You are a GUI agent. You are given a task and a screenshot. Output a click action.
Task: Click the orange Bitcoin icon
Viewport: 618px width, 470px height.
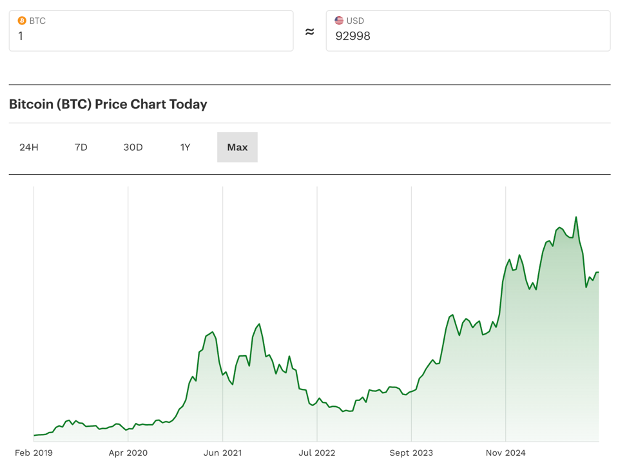(22, 21)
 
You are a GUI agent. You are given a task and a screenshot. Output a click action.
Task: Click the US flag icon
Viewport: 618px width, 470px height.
(339, 21)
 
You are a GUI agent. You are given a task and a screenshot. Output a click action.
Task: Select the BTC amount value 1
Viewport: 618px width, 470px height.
(21, 36)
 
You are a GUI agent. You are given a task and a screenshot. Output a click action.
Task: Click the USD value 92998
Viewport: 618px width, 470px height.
(353, 36)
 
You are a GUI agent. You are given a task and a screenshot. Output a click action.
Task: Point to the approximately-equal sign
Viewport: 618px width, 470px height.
(309, 32)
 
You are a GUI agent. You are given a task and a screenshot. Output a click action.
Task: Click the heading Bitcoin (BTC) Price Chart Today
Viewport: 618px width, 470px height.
(108, 104)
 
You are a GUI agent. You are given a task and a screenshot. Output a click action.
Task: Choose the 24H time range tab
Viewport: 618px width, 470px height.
(29, 147)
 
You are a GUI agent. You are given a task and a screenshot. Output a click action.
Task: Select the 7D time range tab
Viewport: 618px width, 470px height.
(81, 147)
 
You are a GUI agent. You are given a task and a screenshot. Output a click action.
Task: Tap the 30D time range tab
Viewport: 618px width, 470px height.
(133, 147)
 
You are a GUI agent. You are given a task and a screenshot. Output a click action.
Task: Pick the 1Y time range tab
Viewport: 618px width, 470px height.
(185, 147)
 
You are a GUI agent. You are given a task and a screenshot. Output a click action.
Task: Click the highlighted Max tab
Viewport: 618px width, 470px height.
(237, 147)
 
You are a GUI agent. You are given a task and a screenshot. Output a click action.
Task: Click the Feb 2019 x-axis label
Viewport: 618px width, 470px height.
(34, 453)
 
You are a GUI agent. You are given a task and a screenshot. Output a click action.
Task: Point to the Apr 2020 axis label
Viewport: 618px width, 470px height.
(128, 453)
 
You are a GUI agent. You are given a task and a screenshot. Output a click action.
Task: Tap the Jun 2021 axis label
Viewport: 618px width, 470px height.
(222, 453)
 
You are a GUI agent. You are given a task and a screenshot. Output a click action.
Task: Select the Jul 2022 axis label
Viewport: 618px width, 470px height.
(316, 453)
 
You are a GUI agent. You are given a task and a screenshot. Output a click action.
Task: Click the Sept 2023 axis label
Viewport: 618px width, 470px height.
(411, 453)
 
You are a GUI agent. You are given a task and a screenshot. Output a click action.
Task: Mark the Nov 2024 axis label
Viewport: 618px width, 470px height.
(505, 453)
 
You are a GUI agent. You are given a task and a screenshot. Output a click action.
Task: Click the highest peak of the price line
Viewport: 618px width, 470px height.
(576, 217)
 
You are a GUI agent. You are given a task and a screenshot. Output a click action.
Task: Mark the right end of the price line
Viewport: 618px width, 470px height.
(599, 273)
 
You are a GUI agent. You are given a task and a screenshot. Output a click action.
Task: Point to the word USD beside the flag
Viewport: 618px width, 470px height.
(355, 21)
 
